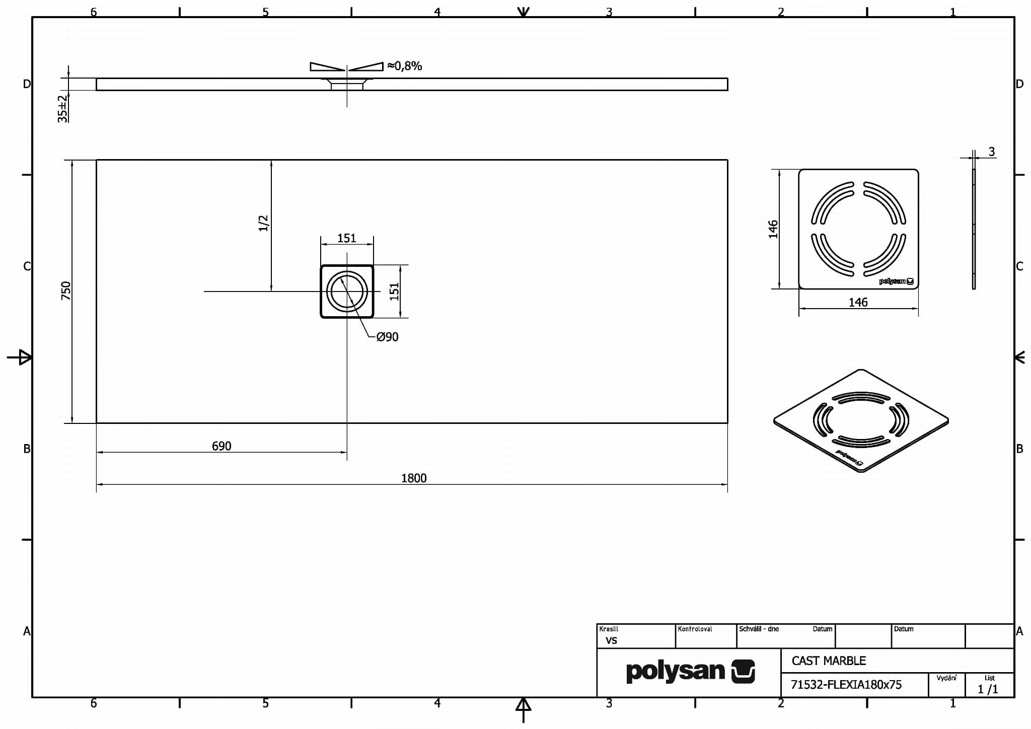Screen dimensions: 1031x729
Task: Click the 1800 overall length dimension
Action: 414,478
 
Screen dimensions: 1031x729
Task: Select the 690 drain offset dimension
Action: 222,446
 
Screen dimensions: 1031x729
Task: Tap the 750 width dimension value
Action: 66,291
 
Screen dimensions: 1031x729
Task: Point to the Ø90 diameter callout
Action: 387,337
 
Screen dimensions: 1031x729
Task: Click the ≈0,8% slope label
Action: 404,66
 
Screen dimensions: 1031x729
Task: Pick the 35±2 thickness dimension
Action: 62,109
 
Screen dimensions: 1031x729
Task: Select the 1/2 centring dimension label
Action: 264,223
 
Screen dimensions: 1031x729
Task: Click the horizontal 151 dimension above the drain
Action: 347,238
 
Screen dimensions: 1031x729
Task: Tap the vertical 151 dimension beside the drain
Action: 394,291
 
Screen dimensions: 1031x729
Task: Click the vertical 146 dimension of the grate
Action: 773,229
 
